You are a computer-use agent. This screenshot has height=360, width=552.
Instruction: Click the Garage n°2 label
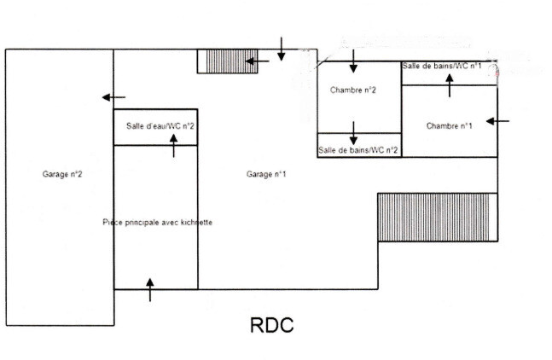pyautogui.click(x=62, y=174)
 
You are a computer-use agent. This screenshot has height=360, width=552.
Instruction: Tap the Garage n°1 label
pyautogui.click(x=266, y=174)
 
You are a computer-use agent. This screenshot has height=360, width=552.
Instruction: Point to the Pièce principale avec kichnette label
pyautogui.click(x=157, y=222)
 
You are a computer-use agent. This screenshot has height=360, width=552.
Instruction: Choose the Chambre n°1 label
pyautogui.click(x=450, y=126)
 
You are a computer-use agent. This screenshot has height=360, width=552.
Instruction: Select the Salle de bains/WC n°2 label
pyautogui.click(x=358, y=150)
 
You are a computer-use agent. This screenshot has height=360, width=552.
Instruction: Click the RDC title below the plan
pyautogui.click(x=271, y=325)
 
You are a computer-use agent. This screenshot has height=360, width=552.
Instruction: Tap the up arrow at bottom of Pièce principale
pyautogui.click(x=150, y=290)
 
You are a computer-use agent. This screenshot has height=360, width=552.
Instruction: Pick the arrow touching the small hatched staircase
pyautogui.click(x=257, y=61)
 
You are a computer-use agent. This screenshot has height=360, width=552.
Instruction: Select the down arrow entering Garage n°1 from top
pyautogui.click(x=282, y=49)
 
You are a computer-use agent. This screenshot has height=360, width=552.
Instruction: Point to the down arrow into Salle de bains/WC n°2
pyautogui.click(x=353, y=133)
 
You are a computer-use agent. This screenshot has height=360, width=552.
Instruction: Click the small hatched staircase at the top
pyautogui.click(x=223, y=61)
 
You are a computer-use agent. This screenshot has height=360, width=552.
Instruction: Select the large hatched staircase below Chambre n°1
pyautogui.click(x=438, y=218)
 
